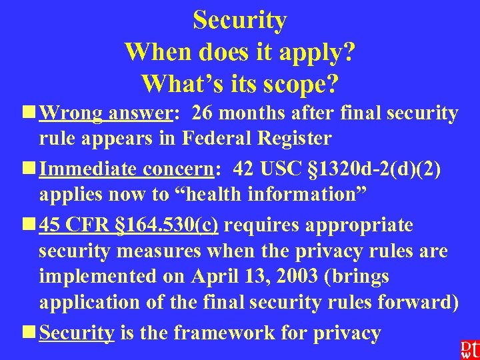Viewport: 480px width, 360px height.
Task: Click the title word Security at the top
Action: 240,20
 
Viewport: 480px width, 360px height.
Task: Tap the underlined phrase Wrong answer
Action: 106,114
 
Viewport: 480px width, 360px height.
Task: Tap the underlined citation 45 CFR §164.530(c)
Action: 129,225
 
